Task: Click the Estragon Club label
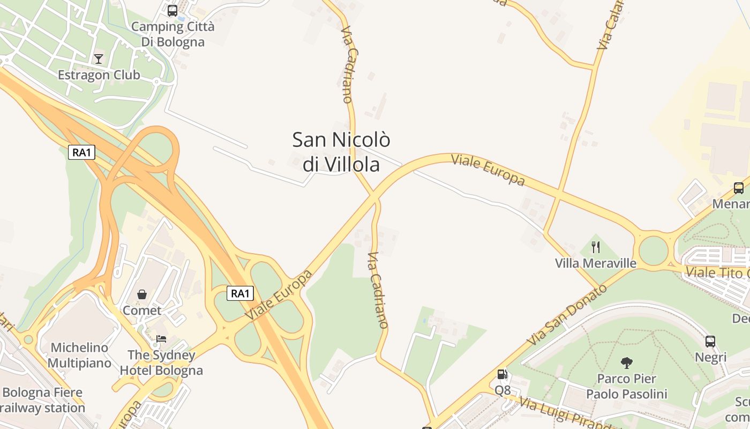click(x=99, y=75)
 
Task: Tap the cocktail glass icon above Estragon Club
click(x=99, y=58)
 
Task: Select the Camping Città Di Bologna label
click(x=172, y=34)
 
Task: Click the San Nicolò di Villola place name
click(x=341, y=152)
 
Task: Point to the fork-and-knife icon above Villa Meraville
click(x=595, y=247)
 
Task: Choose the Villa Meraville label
click(x=595, y=263)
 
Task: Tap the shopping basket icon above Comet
click(x=142, y=294)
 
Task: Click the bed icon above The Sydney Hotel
click(x=161, y=338)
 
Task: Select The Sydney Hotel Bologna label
click(x=161, y=363)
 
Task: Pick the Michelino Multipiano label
click(x=79, y=356)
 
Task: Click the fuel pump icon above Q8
click(x=502, y=374)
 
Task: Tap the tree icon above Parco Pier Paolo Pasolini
click(x=626, y=363)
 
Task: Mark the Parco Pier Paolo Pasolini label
click(x=626, y=387)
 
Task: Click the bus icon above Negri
click(x=710, y=342)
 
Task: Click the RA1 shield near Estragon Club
click(x=81, y=152)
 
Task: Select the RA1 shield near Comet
click(x=240, y=293)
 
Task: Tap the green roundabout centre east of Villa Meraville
click(x=654, y=251)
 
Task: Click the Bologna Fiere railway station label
click(x=43, y=401)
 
